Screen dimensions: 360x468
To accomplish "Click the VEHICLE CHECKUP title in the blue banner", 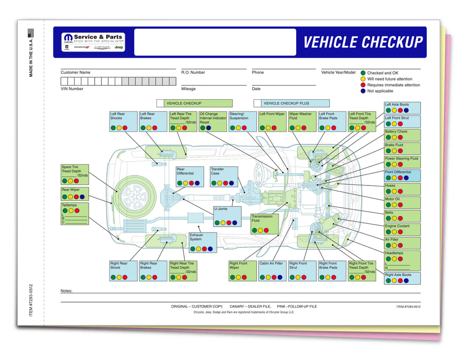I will [x=363, y=42].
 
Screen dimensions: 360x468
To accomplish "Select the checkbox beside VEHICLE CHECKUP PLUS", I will [x=257, y=103].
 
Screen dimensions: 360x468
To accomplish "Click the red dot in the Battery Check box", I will [x=400, y=138].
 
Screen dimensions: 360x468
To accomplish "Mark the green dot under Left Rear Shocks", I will [x=113, y=128].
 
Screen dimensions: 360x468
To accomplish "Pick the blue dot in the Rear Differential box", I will [x=197, y=183].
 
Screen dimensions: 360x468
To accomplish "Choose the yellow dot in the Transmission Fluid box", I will [x=261, y=231].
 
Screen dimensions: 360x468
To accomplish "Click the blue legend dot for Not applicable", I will [x=363, y=91].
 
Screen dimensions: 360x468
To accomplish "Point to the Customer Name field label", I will [x=75, y=72].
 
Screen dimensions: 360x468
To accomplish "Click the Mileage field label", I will [x=188, y=89].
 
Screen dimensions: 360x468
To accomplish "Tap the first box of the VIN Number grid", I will [x=64, y=81].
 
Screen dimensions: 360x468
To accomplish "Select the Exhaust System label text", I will [x=196, y=237].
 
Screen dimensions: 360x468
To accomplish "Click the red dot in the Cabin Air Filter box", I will [x=274, y=277].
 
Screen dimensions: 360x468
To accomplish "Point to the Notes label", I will [x=66, y=291].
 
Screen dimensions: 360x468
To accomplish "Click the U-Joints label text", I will [x=221, y=209].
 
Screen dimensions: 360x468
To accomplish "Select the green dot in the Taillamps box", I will [x=64, y=211].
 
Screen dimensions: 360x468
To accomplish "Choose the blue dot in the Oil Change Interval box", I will [x=208, y=128].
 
